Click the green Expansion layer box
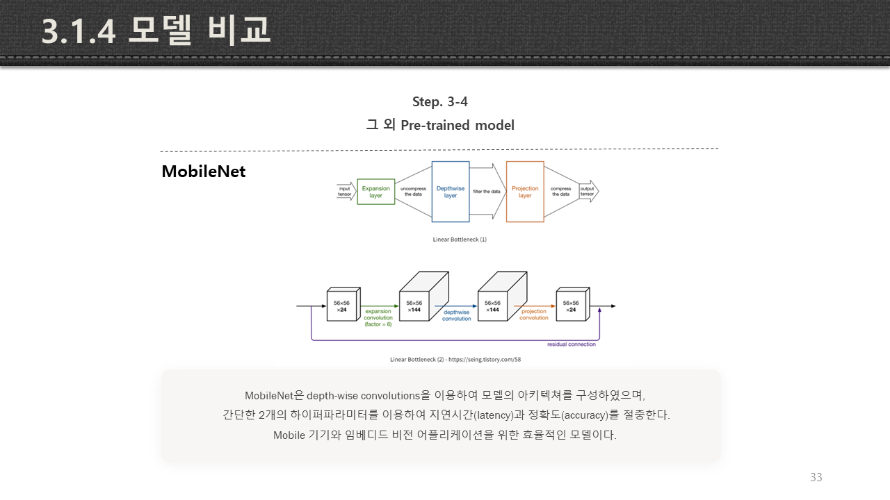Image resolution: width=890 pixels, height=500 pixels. (375, 191)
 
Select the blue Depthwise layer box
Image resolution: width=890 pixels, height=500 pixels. (451, 192)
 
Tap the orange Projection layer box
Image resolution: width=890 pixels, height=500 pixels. (525, 192)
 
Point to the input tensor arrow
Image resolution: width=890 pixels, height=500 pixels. (346, 191)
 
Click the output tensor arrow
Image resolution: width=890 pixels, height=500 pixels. (588, 191)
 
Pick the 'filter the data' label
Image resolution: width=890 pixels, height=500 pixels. (487, 192)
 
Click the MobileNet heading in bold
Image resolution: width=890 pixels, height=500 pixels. (203, 172)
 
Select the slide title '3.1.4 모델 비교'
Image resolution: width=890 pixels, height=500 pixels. (156, 32)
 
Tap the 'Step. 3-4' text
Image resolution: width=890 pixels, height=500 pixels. (439, 102)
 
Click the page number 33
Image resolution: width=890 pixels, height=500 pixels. (816, 477)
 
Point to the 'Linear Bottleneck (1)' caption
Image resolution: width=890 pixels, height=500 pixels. (459, 240)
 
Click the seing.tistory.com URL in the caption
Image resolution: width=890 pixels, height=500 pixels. (486, 360)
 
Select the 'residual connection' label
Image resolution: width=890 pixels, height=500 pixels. (572, 344)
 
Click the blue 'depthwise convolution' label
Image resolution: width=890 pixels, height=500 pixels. (456, 315)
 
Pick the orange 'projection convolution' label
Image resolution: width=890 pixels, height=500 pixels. (534, 315)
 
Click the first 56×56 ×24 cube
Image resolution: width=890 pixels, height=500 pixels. (342, 306)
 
